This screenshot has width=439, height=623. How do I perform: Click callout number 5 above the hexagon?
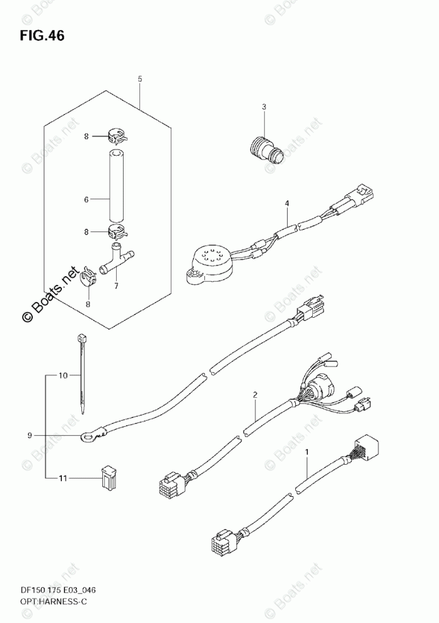(x=139, y=79)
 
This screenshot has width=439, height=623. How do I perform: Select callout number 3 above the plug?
(x=264, y=107)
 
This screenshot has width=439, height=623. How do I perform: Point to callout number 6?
(x=86, y=199)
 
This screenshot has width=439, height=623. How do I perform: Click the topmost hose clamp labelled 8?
(x=115, y=135)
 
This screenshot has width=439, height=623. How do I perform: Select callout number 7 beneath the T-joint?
(x=115, y=286)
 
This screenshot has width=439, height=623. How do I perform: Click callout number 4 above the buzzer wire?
(x=286, y=204)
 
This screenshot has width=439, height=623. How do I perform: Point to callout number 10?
(x=62, y=376)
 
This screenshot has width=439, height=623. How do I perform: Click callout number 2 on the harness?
(x=255, y=395)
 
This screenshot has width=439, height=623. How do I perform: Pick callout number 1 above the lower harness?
(x=307, y=452)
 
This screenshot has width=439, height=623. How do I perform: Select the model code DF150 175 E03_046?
(x=53, y=590)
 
